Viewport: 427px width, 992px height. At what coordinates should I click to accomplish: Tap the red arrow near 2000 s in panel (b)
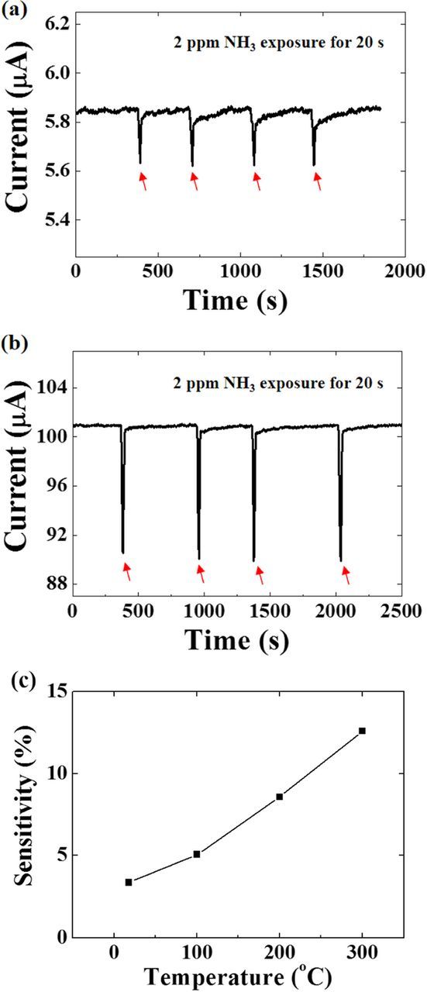(346, 575)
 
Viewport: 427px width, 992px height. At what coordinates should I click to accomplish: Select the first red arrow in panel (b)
(127, 572)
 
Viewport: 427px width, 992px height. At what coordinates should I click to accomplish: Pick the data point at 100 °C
(197, 854)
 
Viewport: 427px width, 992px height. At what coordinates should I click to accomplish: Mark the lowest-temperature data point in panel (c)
(129, 882)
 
